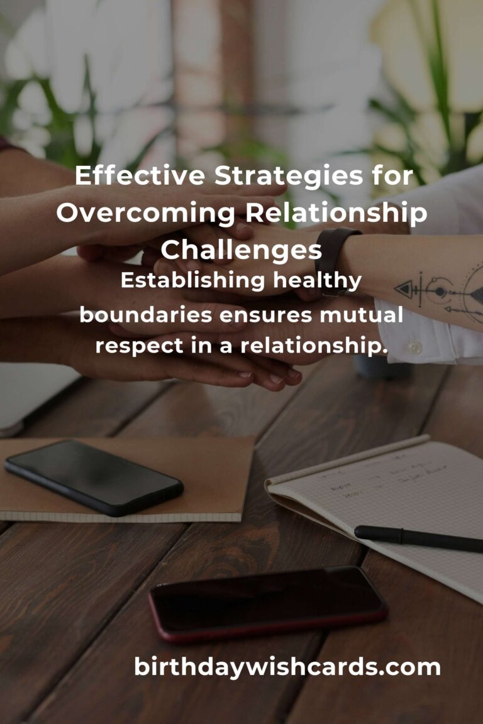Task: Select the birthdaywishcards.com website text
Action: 287,667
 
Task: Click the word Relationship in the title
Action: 336,214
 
